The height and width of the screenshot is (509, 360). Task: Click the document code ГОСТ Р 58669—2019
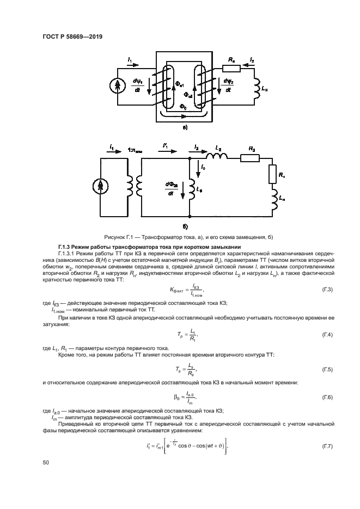point(72,36)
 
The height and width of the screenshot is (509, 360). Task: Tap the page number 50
point(46,463)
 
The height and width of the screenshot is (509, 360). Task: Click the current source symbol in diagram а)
point(117,84)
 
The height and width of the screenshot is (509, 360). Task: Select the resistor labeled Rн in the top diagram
point(231,69)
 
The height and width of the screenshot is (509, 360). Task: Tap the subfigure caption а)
point(185,127)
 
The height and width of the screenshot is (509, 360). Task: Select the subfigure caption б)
point(185,225)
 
